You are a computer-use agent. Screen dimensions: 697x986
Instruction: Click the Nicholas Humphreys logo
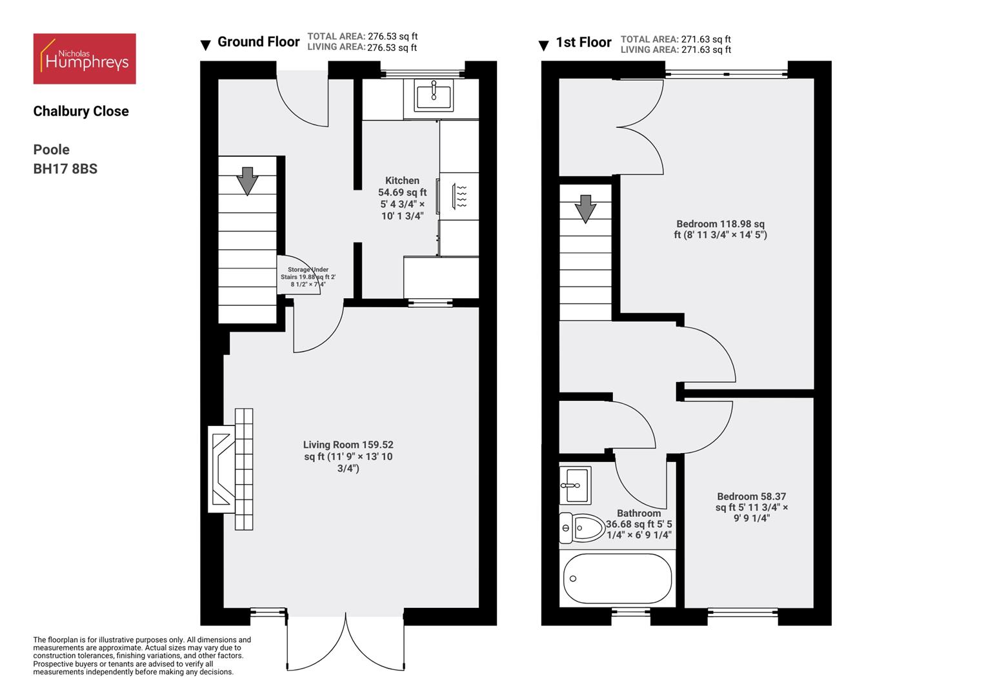point(85,59)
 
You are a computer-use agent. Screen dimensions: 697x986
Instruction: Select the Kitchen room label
point(402,181)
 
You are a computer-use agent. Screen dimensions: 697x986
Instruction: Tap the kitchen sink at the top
point(434,96)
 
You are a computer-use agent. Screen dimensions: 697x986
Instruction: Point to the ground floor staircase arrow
point(247,181)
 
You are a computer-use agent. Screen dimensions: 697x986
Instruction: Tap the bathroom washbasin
point(574,485)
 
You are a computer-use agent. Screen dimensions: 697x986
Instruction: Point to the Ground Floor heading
point(258,42)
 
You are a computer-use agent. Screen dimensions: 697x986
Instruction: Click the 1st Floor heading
point(583,43)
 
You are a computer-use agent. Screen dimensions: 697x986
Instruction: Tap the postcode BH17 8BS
point(65,169)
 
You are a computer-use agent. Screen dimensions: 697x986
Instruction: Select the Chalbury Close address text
point(81,111)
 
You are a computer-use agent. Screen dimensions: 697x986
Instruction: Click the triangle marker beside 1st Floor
point(544,46)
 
